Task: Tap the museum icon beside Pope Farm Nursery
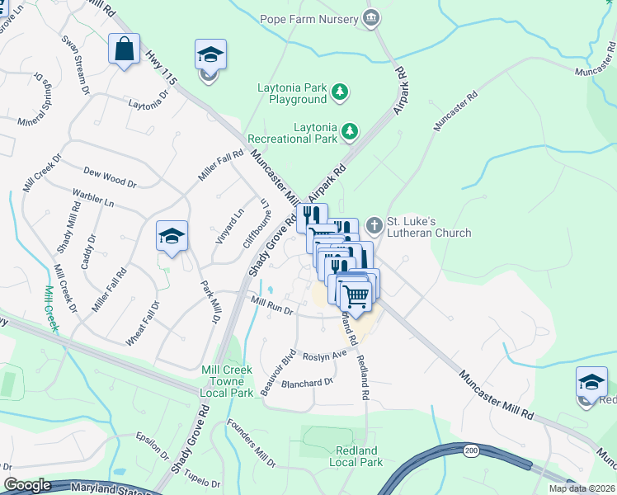coord(371,18)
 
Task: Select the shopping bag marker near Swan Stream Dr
coord(124,49)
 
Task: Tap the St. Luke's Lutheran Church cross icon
coord(374,225)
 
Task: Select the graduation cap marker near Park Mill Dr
coord(172,237)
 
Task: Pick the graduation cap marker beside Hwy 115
coord(210,55)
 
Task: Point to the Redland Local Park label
coord(356,456)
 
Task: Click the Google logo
coord(27,485)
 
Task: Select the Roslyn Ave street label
coord(324,356)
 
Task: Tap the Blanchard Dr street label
coord(307,382)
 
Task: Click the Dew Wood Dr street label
coord(110,175)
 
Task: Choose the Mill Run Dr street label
coord(271,305)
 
